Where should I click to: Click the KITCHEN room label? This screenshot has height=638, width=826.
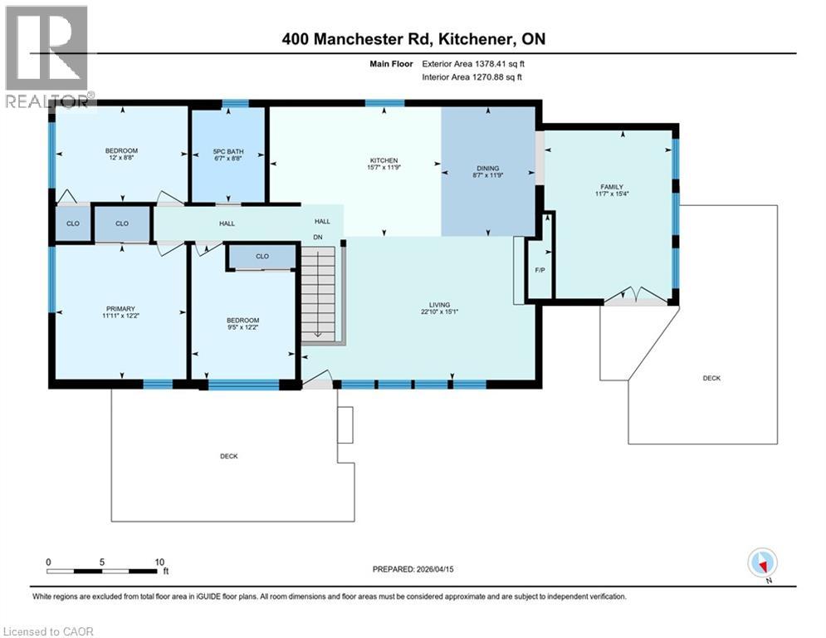point(384,160)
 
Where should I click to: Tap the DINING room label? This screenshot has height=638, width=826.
point(487,168)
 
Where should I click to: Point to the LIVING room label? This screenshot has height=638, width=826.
point(434,305)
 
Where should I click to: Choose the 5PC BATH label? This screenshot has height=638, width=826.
point(227,151)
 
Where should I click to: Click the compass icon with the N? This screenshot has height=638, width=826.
point(761,563)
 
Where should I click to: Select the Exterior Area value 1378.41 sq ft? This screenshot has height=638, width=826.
point(495,63)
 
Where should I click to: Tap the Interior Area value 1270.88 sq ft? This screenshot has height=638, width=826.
point(496,77)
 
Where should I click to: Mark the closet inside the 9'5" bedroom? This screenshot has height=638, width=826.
point(262,257)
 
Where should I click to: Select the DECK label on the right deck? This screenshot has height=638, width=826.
point(711,378)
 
